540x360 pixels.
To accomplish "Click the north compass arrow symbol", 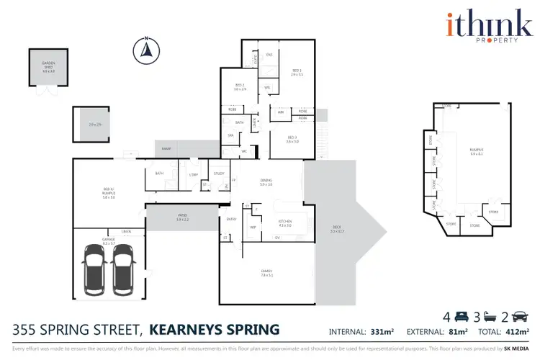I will tap(145, 49).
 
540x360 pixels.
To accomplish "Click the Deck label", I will tap(336, 230).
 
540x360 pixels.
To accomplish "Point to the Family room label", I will tap(266, 272).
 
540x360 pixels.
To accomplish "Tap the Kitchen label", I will tap(284, 224).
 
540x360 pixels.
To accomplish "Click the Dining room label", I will tap(266, 182).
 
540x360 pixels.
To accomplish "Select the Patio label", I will tap(182, 217).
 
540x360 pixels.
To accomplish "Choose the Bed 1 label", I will tap(297, 73).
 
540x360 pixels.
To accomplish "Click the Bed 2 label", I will tap(240, 88).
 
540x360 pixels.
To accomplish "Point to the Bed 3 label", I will tap(292, 138).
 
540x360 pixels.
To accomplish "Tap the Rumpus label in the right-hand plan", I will tap(476, 151).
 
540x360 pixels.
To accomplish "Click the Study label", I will tap(219, 173).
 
